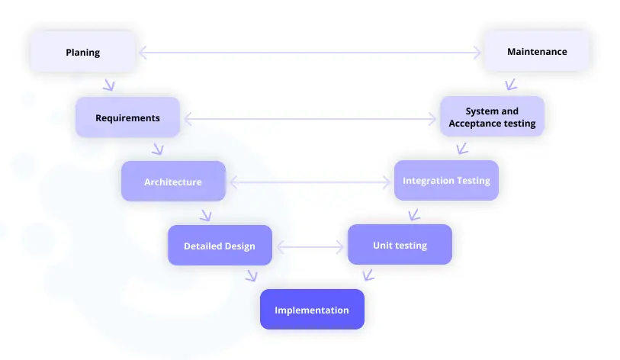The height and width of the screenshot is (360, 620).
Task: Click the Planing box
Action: (82, 52)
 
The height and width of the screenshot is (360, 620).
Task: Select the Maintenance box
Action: (537, 51)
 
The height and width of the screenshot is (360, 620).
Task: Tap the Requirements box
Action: (127, 117)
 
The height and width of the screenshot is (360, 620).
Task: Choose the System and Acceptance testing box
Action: (493, 117)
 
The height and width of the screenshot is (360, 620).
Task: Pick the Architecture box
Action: (173, 182)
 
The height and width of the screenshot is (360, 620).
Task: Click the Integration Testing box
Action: (446, 181)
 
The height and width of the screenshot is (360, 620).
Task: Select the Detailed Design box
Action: (220, 246)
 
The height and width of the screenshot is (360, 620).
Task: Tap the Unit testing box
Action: (400, 245)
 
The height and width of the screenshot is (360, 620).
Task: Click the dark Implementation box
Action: (313, 310)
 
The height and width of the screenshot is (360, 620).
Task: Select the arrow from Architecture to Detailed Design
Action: (207, 216)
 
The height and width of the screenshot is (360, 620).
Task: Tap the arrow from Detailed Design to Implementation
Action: (252, 276)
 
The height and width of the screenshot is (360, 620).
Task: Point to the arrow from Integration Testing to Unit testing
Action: (413, 216)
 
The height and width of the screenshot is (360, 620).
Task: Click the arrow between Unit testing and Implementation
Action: (368, 275)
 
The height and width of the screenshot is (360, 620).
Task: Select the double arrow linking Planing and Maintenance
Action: (310, 52)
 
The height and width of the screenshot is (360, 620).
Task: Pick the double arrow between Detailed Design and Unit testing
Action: (310, 247)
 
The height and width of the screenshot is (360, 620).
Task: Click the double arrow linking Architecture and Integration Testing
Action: (310, 182)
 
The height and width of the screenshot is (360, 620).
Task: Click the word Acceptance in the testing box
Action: (474, 124)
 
